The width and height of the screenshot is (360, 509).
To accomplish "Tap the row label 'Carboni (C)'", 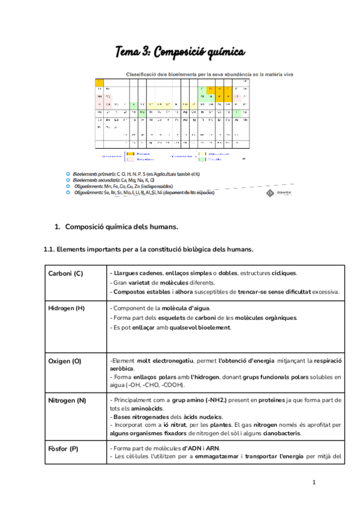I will pos(65,274).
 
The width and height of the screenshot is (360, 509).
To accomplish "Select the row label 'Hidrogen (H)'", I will pos(68,308).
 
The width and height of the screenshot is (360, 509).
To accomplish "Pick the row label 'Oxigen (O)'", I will pos(64,361).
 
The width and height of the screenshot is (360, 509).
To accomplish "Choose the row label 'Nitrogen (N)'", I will pos(67,400).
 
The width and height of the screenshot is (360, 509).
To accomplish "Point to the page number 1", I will pos(314,482).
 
